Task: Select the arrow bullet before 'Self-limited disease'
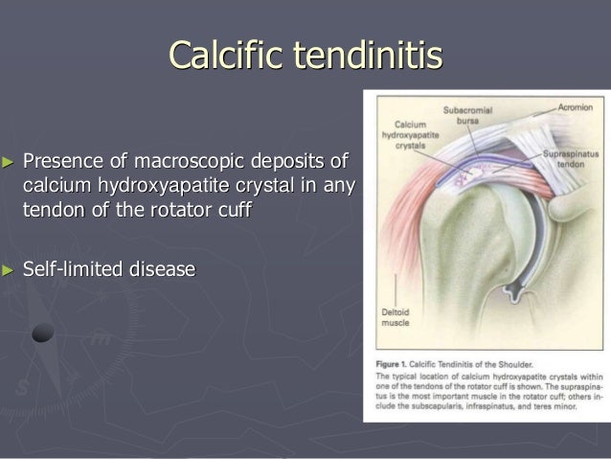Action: point(10,268)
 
